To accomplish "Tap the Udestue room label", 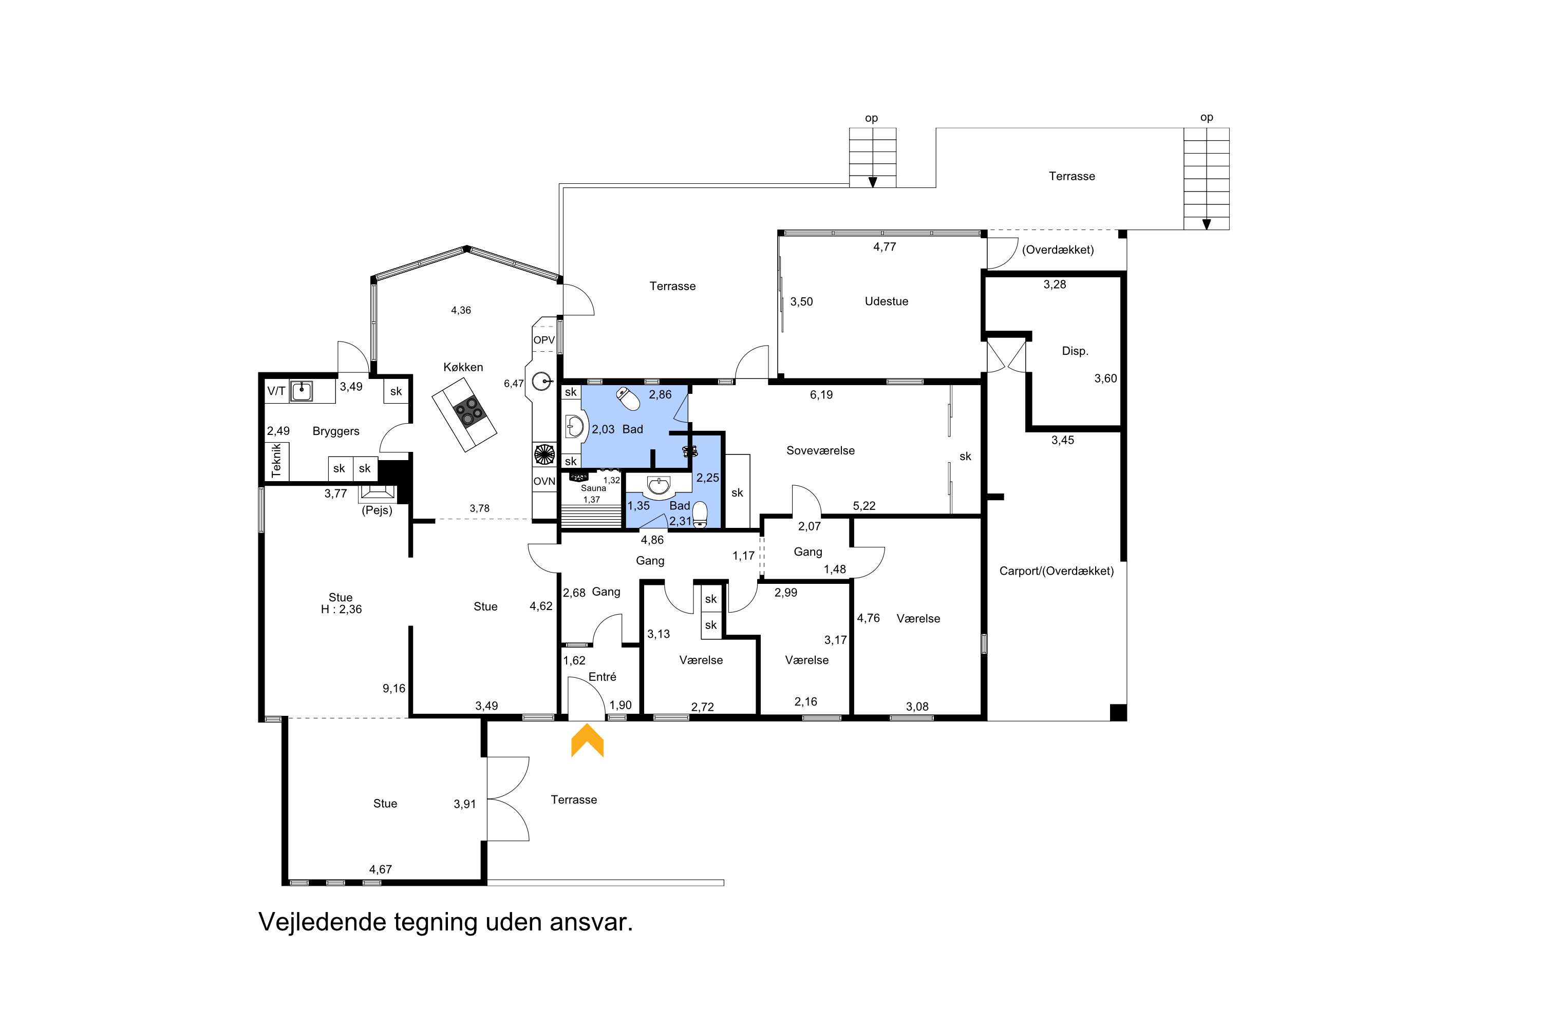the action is click(887, 301).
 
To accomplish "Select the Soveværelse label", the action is click(820, 451).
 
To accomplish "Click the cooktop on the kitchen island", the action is click(469, 411).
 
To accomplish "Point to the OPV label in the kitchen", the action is click(544, 340).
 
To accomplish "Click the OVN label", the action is click(544, 482).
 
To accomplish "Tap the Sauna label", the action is click(593, 488).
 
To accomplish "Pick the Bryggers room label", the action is click(336, 431).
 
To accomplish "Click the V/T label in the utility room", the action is click(276, 391).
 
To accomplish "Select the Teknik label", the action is click(276, 461).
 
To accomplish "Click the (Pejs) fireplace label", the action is click(377, 510).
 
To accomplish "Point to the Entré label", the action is click(602, 677).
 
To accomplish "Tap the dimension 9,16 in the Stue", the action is click(394, 689).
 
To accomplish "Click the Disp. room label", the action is click(1075, 351).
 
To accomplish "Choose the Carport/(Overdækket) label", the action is click(1056, 571).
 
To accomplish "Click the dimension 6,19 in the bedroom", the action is click(821, 394).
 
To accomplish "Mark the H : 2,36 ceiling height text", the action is click(342, 609).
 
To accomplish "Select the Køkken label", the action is click(463, 368).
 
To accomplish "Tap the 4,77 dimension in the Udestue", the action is click(885, 247).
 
